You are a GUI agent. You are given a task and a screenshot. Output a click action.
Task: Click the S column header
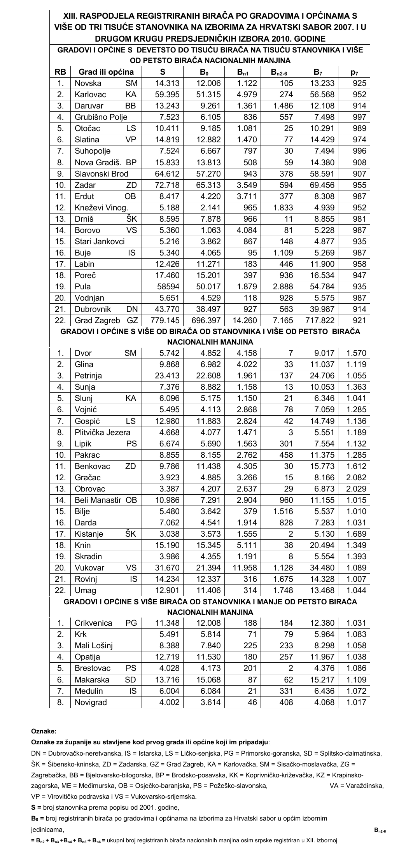163,72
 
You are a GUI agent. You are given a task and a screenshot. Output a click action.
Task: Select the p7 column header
354,72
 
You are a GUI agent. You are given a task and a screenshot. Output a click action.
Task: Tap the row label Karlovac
90,94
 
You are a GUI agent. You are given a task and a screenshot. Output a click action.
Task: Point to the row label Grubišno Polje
101,117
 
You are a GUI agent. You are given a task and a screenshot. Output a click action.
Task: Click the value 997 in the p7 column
359,117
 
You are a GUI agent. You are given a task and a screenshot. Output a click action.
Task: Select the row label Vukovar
89,568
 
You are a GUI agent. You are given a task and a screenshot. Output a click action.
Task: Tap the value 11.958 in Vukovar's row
245,568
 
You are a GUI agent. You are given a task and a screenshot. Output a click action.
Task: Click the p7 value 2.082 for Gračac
356,478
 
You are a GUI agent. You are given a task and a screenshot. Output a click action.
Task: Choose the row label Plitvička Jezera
102,432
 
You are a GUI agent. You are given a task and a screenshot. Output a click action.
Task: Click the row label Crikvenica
93,623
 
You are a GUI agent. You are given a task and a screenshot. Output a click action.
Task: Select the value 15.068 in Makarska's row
208,680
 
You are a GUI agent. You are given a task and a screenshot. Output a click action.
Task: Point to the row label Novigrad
91,702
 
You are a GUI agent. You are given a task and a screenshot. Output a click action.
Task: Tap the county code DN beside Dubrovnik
132,309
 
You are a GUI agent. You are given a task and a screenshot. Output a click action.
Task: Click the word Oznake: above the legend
44,731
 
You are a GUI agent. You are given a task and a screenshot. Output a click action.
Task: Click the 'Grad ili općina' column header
106,72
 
